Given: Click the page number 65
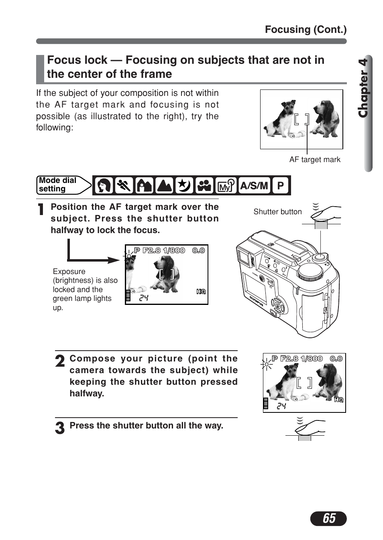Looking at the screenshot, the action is pyautogui.click(x=328, y=518).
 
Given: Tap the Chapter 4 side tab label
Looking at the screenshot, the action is pyautogui.click(x=363, y=88).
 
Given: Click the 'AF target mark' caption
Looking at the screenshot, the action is pyautogui.click(x=315, y=160).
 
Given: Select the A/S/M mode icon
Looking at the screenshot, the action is pyautogui.click(x=254, y=186).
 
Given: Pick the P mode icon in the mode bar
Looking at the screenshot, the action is pyautogui.click(x=280, y=186).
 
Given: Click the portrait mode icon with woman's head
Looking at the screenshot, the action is pyautogui.click(x=104, y=186).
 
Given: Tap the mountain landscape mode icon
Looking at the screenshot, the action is pyautogui.click(x=164, y=186).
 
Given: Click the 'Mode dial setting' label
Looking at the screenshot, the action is pyautogui.click(x=58, y=185).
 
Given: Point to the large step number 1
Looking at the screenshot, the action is pyautogui.click(x=41, y=209).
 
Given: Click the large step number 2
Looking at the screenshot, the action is pyautogui.click(x=60, y=361).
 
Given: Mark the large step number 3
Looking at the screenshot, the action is pyautogui.click(x=60, y=428).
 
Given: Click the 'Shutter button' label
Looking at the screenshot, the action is pyautogui.click(x=277, y=212).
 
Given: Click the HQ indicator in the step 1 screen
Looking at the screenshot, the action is pyautogui.click(x=201, y=292).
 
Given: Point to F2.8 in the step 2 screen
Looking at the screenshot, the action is pyautogui.click(x=289, y=359).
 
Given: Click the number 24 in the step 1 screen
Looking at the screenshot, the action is pyautogui.click(x=144, y=298).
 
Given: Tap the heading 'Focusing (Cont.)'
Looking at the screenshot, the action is pyautogui.click(x=306, y=30).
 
